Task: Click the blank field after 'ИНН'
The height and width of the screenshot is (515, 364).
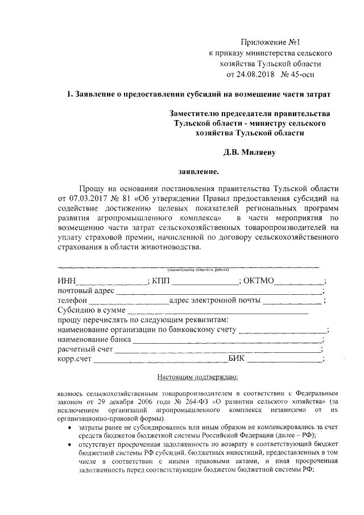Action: [x=111, y=281]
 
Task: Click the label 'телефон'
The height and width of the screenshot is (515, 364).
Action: [x=72, y=300]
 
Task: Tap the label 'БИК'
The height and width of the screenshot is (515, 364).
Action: [x=237, y=360]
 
